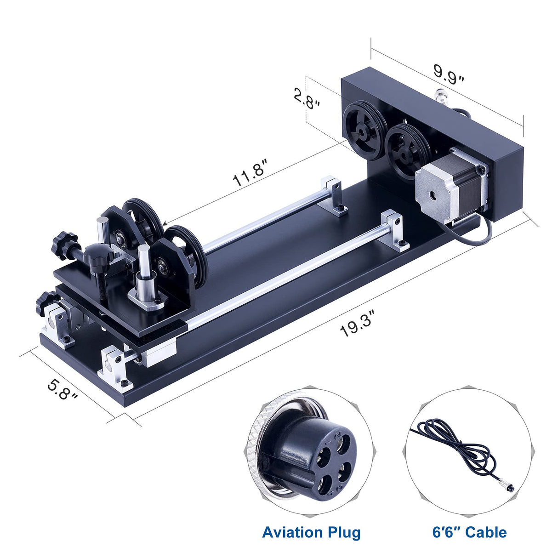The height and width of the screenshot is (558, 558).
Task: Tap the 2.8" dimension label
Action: pos(307,97)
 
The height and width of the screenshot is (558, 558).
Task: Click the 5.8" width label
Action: pos(63,389)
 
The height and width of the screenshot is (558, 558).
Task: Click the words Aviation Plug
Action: pos(311,532)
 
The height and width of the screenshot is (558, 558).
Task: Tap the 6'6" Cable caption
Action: pos(469,532)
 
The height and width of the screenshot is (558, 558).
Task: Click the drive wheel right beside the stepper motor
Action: pos(404,152)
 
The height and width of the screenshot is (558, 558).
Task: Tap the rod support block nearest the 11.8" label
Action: pos(334,195)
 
